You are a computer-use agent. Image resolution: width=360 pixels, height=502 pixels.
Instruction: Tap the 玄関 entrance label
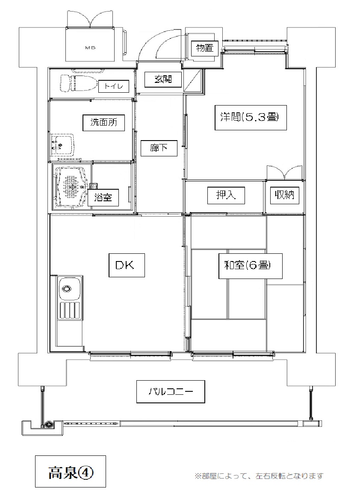pyautogui.click(x=163, y=79)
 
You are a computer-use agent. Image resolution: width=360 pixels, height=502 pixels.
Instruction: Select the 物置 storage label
pyautogui.click(x=204, y=49)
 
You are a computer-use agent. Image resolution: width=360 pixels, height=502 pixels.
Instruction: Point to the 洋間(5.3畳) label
pyautogui.click(x=250, y=117)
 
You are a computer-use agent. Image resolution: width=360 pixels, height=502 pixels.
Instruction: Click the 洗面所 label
pyautogui.click(x=103, y=122)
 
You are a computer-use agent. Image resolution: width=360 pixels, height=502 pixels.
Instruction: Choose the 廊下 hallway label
pyautogui.click(x=159, y=148)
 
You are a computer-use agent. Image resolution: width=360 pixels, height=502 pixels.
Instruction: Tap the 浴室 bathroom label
pyautogui.click(x=103, y=197)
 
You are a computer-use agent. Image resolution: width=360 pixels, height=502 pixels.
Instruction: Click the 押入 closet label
pyautogui.click(x=226, y=195)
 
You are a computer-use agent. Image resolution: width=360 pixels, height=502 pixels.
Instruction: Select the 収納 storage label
pyautogui.click(x=284, y=195)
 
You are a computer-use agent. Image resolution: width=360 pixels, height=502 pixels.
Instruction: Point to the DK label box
pyautogui.click(x=127, y=265)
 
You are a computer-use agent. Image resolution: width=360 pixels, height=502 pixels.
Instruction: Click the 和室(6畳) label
pyautogui.click(x=251, y=266)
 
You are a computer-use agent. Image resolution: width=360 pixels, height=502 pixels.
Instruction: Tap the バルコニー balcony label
pyautogui.click(x=171, y=391)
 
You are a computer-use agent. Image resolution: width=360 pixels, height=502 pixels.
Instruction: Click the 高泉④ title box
pyautogui.click(x=71, y=471)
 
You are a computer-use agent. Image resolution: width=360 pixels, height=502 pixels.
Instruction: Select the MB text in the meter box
pyautogui.click(x=91, y=47)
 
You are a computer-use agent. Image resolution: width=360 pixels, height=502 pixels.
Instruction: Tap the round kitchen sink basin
pyautogui.click(x=67, y=288)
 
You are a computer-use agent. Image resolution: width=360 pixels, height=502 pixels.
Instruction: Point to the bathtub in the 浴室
pyautogui.click(x=71, y=186)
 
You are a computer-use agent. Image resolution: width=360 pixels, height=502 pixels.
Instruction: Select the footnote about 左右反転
pyautogui.click(x=259, y=476)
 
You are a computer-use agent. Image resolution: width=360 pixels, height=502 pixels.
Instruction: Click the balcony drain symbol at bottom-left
pyautogui.click(x=49, y=426)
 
